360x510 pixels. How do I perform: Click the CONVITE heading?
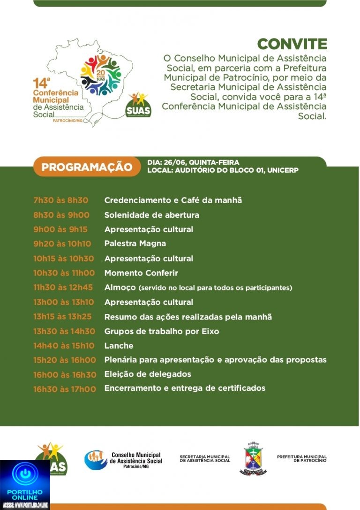pos(292,44)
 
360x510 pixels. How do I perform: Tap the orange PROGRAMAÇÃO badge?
pos(87,167)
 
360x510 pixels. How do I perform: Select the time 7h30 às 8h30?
pos(60,200)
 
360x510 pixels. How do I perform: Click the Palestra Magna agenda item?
pos(135,244)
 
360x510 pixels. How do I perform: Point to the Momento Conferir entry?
pos(141,273)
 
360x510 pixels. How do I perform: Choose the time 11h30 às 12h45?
pos(63,287)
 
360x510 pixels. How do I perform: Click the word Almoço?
pos(120,287)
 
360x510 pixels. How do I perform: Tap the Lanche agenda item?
pos(119,346)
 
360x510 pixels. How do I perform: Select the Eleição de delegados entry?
pos(148,374)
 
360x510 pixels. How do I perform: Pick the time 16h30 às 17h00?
pos(64,388)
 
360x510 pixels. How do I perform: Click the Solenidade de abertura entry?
pos(151,215)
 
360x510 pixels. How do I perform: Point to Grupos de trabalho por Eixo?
pos(162,331)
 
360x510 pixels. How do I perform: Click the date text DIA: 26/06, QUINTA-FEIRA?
pos(193,162)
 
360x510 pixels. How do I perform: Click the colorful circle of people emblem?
pos(101,75)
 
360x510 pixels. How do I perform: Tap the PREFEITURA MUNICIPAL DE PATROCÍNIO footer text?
pos(301,458)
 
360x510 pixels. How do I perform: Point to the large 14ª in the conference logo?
pos(41,84)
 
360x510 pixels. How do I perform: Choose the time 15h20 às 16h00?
pos(64,360)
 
